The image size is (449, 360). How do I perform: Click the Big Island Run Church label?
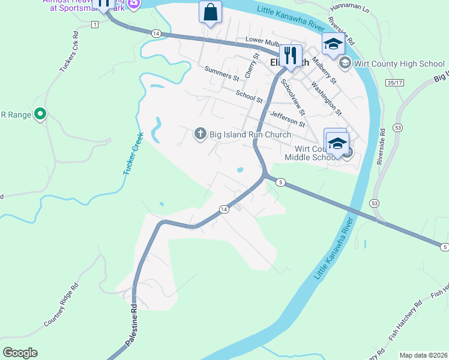click(x=250, y=134)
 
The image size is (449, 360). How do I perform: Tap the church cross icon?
click(x=200, y=134)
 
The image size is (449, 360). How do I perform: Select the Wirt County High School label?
click(x=399, y=63)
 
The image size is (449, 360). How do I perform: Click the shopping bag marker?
click(x=210, y=13)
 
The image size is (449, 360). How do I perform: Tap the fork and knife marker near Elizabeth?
click(x=291, y=56)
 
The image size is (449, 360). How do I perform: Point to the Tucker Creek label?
click(x=133, y=154)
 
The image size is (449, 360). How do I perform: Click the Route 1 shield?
click(x=94, y=24)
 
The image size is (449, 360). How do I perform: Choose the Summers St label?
click(x=221, y=74)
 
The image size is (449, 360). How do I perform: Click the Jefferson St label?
click(x=288, y=119)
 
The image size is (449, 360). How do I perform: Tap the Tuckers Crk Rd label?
click(x=69, y=57)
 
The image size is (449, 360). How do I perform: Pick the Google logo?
click(x=20, y=353)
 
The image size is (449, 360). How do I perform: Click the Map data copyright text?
click(x=423, y=355)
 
